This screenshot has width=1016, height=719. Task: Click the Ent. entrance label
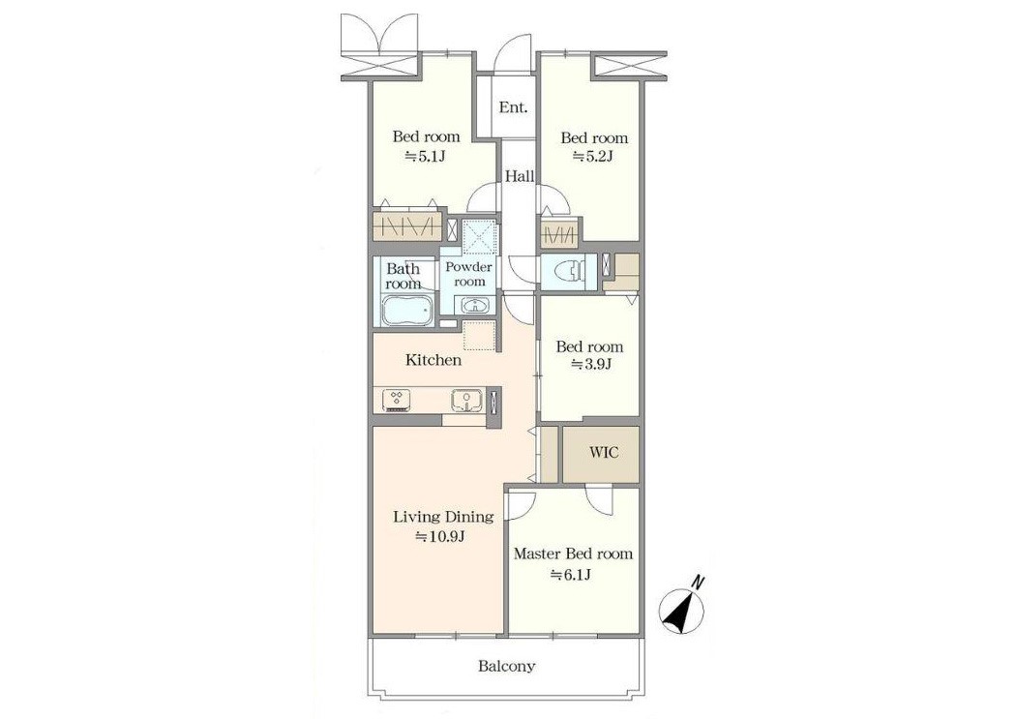(513, 107)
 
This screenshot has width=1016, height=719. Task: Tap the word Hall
(520, 176)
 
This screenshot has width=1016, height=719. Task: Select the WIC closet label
(603, 452)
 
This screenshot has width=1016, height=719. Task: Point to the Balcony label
(507, 666)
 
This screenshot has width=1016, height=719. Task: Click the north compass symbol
(682, 605)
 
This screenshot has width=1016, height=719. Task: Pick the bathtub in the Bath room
(407, 311)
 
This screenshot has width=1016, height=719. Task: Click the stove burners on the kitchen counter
(395, 400)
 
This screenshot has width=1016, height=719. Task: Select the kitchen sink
(466, 401)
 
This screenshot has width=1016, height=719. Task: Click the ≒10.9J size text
(440, 537)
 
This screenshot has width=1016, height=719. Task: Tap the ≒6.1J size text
(570, 574)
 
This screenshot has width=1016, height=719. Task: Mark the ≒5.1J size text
(426, 156)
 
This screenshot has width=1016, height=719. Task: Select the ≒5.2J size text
(592, 156)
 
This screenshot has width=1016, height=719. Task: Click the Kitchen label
(433, 360)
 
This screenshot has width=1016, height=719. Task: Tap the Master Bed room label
(574, 554)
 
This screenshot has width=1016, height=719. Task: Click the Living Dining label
(444, 517)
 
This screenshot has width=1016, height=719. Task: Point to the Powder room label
(469, 274)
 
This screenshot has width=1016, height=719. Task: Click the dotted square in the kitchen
(479, 336)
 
